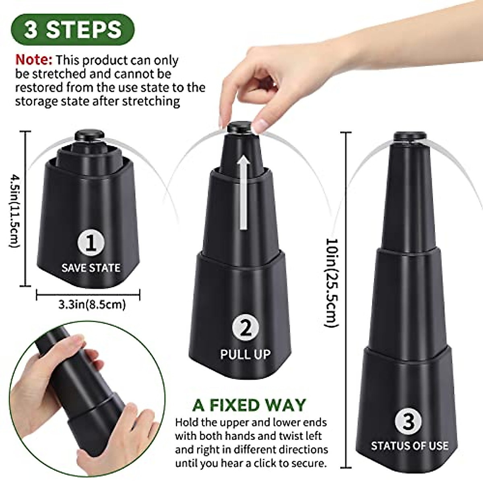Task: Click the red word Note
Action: click(34, 60)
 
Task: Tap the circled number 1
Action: click(91, 243)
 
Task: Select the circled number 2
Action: click(246, 328)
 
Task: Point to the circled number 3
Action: click(408, 421)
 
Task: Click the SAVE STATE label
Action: click(91, 268)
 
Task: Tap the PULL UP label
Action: click(245, 354)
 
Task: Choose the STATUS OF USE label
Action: click(409, 446)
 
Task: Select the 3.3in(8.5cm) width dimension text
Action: click(92, 304)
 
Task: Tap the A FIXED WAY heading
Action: click(249, 405)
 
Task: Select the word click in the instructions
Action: click(272, 463)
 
